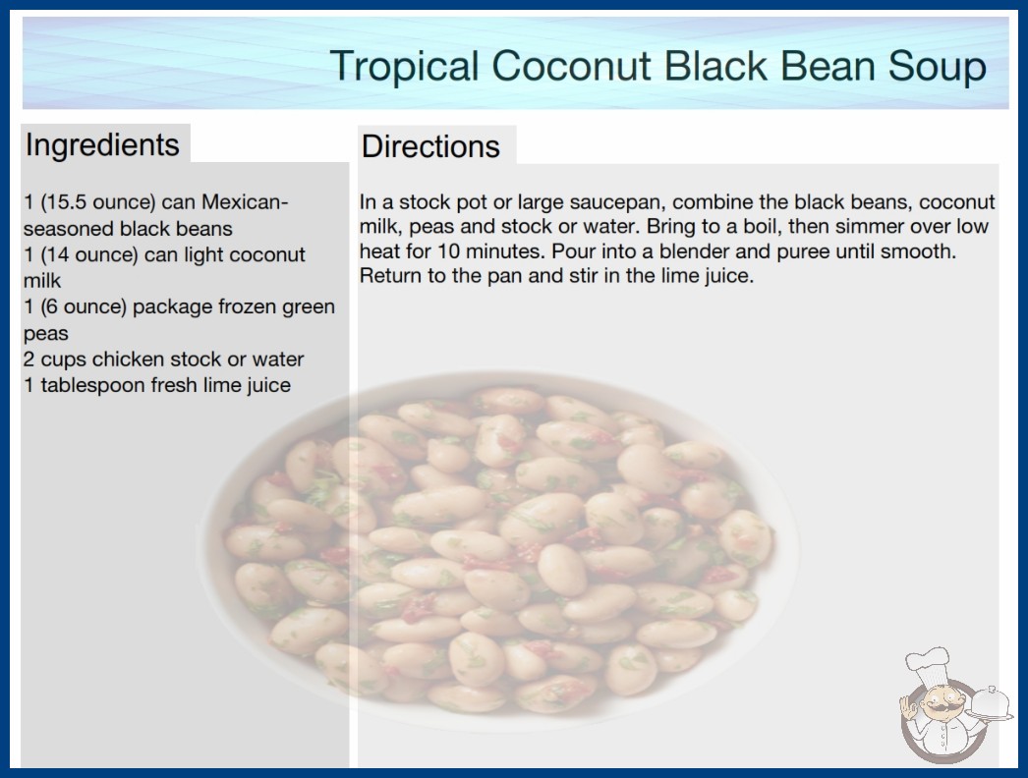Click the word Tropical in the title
point(405,67)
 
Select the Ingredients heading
point(102,145)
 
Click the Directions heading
point(430,146)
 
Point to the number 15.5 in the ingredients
point(66,202)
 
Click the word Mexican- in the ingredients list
point(245,202)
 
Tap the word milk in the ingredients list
point(42,281)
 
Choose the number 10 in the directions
point(449,251)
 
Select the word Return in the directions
point(391,275)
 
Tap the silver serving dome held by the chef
point(990,702)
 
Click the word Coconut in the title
point(571,66)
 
